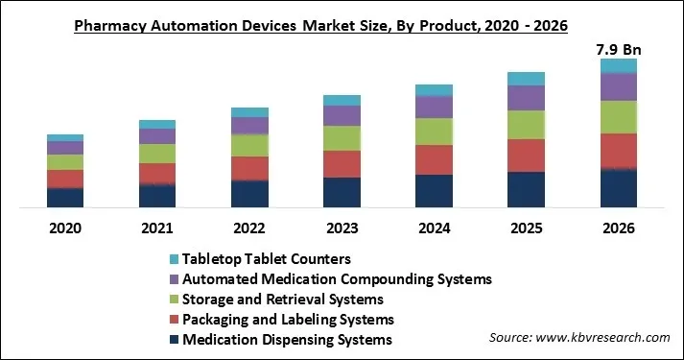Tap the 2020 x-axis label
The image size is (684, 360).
click(65, 228)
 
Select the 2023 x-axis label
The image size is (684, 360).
click(342, 228)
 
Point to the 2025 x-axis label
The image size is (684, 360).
click(526, 228)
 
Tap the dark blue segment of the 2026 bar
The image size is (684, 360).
click(618, 188)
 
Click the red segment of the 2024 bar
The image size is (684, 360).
click(434, 159)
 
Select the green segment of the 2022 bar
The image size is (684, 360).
click(249, 144)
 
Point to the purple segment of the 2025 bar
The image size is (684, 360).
click(526, 98)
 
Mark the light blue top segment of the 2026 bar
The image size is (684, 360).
click(618, 65)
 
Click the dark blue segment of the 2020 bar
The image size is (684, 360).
click(65, 197)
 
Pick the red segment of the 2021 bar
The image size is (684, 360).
click(157, 173)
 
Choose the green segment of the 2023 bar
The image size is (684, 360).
click(342, 138)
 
